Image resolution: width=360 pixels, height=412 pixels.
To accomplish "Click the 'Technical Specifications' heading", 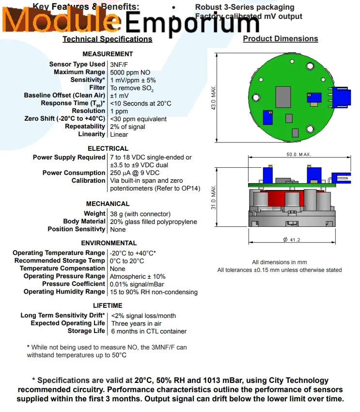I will (107, 39).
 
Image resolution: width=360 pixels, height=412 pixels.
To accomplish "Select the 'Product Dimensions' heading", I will (280, 39).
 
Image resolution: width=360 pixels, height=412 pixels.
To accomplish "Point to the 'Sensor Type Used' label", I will (77, 64).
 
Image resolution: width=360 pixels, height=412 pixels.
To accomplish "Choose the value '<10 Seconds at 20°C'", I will (141, 103).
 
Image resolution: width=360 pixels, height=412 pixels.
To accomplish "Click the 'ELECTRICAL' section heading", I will (108, 148).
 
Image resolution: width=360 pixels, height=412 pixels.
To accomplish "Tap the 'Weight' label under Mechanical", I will (94, 214).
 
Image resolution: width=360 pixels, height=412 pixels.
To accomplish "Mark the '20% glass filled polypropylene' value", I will (154, 222).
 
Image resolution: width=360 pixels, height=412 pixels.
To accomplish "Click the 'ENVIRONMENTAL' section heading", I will (109, 243).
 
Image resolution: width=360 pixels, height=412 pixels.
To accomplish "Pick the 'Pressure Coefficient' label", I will (73, 284).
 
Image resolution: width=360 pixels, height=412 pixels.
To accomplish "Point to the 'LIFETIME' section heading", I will (108, 306).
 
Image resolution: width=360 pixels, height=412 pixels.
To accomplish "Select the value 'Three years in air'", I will (136, 323).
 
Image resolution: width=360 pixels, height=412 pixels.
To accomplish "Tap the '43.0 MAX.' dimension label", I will (214, 98).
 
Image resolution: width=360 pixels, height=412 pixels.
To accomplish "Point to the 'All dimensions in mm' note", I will (279, 262).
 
